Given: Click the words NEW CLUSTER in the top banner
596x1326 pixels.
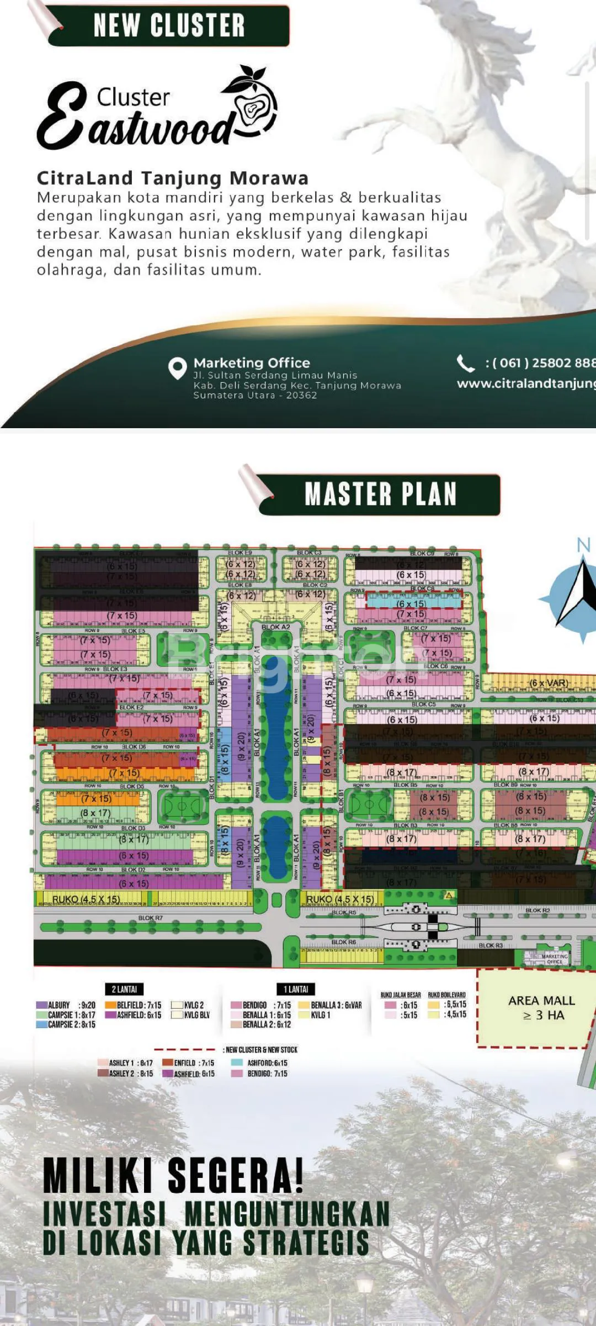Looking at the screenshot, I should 169,25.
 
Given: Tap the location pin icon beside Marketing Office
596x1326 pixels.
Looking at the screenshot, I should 177,368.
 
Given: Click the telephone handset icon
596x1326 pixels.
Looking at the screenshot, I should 465,364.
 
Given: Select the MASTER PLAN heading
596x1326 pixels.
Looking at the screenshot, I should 380,494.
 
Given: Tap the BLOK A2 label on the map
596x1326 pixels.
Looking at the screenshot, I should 275,627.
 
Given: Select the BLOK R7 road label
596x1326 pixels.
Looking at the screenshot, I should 150,918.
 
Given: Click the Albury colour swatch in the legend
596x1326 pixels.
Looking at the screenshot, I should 41,1005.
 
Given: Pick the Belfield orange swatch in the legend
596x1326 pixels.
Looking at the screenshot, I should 110,1005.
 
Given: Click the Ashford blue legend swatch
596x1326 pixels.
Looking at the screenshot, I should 237,1062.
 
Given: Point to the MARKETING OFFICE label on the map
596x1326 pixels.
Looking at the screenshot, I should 554,959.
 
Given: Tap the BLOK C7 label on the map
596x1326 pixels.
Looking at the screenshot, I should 416,628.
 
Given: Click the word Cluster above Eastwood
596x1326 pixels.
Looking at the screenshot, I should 133,97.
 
